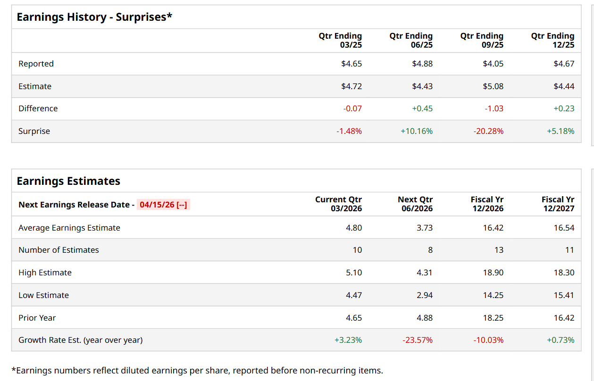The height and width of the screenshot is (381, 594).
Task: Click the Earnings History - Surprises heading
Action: tap(94, 17)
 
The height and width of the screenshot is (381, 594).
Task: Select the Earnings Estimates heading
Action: tap(68, 181)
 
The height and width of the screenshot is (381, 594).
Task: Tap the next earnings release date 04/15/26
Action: tap(163, 205)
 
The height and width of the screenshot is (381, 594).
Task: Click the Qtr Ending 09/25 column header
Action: tap(482, 41)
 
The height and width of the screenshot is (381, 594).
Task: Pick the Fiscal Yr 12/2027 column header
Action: tap(558, 204)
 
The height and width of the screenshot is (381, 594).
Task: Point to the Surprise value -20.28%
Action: tap(488, 131)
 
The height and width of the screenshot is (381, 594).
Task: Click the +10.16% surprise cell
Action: tap(416, 131)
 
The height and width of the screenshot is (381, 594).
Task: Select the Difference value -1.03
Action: tap(494, 108)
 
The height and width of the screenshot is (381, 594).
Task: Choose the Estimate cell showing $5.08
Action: tap(493, 86)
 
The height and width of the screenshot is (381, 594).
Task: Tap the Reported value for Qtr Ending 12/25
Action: tap(564, 64)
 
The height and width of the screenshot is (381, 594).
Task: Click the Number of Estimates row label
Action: tap(59, 250)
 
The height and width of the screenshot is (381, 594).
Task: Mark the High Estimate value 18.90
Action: tap(493, 273)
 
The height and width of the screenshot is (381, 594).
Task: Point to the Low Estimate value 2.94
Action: tap(424, 295)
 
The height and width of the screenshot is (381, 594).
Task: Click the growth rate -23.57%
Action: tap(418, 340)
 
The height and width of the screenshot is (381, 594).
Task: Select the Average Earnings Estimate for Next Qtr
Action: tap(424, 228)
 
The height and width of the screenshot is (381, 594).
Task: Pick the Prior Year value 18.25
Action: tap(493, 318)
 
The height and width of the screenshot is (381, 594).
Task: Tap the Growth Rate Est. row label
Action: tap(80, 340)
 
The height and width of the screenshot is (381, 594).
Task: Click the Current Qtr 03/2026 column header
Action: tap(338, 204)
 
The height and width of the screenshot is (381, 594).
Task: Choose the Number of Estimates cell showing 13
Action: tap(499, 250)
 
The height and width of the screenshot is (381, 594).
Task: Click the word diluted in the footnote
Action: tap(146, 371)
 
